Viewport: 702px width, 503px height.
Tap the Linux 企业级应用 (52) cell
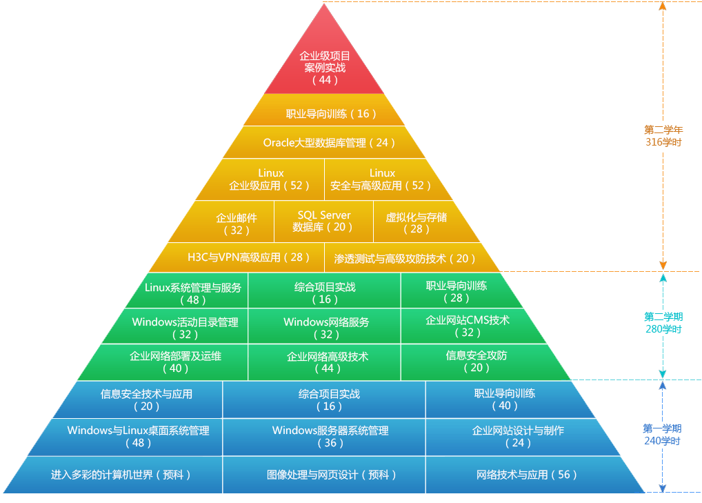[x=270, y=179]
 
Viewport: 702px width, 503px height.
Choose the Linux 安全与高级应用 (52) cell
[x=381, y=179]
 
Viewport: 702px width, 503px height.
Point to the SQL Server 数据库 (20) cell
[x=323, y=221]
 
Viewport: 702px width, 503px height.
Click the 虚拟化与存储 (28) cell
[x=416, y=223]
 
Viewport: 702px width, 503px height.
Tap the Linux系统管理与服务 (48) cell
[x=192, y=293]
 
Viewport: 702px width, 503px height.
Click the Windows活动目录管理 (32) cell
[x=185, y=328]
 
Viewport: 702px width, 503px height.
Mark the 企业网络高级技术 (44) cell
[x=327, y=362]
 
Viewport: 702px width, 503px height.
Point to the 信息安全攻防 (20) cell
[x=476, y=362]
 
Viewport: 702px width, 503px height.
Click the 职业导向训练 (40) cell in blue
[x=504, y=400]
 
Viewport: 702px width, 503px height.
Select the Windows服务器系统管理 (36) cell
[x=330, y=436]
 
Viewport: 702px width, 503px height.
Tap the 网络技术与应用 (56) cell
[x=527, y=475]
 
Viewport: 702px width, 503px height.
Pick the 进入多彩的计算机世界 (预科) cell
[x=121, y=475]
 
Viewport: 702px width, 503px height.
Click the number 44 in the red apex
[x=325, y=80]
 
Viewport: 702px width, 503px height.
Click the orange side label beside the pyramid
[x=664, y=135]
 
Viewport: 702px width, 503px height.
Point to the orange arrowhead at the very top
[x=663, y=6]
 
